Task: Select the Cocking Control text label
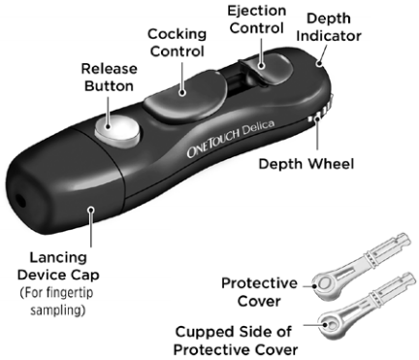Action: point(177,42)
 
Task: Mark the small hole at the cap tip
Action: point(20,204)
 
